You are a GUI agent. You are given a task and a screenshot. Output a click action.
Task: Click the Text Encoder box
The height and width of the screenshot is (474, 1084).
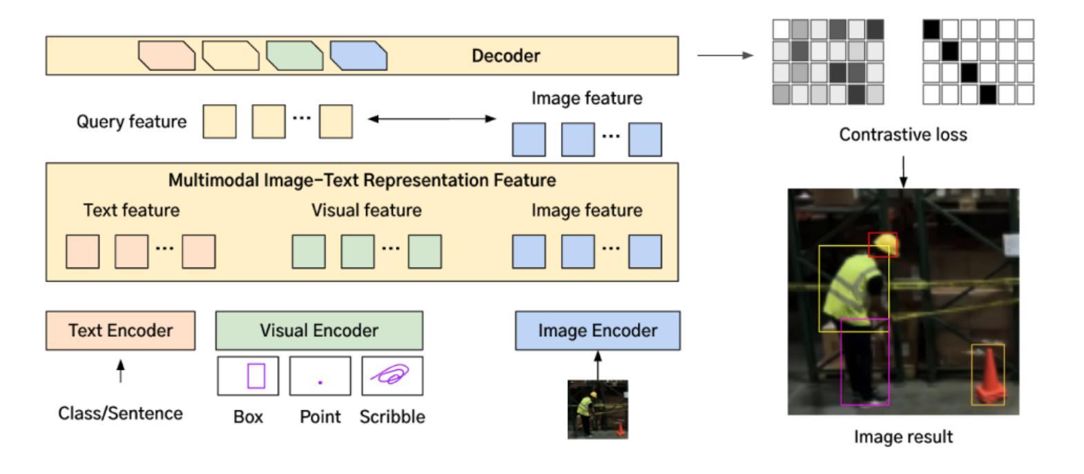coord(121,330)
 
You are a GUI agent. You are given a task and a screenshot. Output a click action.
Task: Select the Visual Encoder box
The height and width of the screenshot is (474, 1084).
coord(320,330)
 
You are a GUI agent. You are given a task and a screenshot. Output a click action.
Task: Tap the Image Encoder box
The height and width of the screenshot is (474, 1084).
coord(598,330)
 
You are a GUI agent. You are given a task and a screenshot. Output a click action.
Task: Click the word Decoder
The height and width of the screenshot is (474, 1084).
coord(505,56)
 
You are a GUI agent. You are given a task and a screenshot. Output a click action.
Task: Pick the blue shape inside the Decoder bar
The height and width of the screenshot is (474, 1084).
coord(358,56)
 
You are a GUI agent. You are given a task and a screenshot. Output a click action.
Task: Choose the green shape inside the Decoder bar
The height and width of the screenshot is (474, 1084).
coord(295,56)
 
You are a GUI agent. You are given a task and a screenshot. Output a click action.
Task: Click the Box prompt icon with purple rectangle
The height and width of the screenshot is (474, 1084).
coord(249,376)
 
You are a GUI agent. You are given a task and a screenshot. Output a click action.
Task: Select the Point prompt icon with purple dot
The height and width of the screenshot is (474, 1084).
coord(320,376)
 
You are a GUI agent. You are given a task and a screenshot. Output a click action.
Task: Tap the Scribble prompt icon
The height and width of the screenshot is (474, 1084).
coord(392,376)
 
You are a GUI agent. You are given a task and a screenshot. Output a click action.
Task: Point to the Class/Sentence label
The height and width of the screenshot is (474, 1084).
coord(121,413)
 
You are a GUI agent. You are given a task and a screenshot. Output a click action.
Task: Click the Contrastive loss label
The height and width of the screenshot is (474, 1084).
coord(903,135)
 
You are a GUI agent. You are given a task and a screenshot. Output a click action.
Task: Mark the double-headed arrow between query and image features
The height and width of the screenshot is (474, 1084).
coord(432,119)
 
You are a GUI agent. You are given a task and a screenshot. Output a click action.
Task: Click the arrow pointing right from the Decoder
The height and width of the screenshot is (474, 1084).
coord(725,55)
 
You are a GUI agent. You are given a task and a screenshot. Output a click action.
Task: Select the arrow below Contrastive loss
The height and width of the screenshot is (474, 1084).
coord(903,172)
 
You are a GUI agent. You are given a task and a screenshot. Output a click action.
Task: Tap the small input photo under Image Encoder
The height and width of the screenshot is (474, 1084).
coord(598,409)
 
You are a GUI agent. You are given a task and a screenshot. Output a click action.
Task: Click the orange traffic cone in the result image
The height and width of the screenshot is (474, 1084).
coord(988,376)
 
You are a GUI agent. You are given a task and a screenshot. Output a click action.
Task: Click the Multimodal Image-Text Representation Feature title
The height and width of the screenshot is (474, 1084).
coord(362,180)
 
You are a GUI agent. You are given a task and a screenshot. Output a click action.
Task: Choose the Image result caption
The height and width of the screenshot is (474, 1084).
coord(903,437)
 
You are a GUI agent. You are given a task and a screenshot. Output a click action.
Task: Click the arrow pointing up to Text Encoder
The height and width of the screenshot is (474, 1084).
coord(121,371)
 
